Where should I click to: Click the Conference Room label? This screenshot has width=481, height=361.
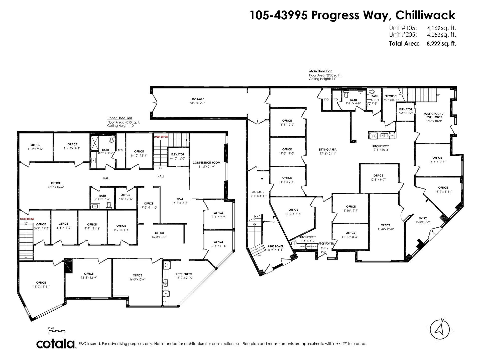pyautogui.click(x=206, y=162)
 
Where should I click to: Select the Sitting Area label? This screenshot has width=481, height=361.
pyautogui.click(x=327, y=150)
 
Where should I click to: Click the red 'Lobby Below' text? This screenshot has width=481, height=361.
pyautogui.click(x=161, y=137)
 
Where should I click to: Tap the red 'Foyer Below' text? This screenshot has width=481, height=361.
pyautogui.click(x=27, y=219)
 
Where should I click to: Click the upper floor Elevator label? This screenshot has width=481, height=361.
pyautogui.click(x=178, y=154)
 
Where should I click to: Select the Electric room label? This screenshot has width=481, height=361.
pyautogui.click(x=390, y=96)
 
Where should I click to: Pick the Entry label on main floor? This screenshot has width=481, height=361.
pyautogui.click(x=423, y=218)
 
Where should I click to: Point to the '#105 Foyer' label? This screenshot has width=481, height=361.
pyautogui.click(x=326, y=243)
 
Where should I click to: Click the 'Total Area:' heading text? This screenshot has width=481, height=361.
pyautogui.click(x=404, y=44)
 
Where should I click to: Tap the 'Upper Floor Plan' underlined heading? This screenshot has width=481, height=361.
pyautogui.click(x=120, y=118)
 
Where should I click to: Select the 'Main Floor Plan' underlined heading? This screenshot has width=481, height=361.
pyautogui.click(x=321, y=71)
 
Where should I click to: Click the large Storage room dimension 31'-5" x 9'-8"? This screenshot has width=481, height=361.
pyautogui.click(x=198, y=103)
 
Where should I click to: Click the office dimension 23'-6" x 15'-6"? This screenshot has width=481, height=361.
pyautogui.click(x=56, y=187)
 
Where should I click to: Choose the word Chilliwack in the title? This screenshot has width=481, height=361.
pyautogui.click(x=425, y=15)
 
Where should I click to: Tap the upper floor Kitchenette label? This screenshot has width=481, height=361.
pyautogui.click(x=184, y=274)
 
